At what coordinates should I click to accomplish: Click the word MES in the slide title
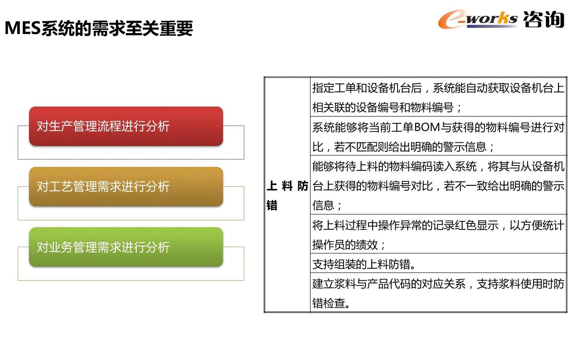[23, 28]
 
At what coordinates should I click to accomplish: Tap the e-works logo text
[478, 19]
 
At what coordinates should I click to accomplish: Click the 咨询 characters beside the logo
[544, 19]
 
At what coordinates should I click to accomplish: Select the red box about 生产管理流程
[126, 126]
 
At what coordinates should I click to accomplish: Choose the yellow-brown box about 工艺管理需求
[126, 186]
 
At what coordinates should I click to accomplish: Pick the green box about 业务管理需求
[126, 247]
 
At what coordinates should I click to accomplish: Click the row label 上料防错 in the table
[287, 195]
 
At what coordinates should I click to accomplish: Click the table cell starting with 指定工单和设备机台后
[438, 97]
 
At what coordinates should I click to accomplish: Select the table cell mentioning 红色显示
[438, 234]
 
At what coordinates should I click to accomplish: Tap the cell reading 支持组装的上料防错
[438, 263]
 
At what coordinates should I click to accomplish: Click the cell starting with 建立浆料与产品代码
[438, 292]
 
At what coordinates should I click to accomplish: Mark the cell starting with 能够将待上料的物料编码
[438, 185]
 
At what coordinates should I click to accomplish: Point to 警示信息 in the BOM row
[465, 147]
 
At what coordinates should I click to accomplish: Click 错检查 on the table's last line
[329, 303]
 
